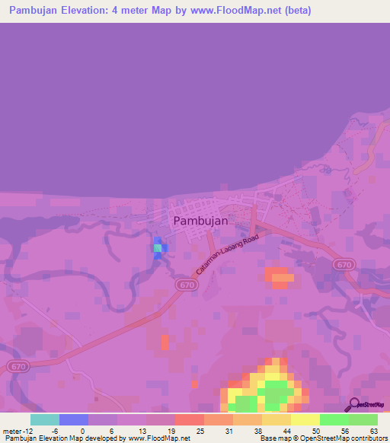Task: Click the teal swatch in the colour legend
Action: coord(45,419)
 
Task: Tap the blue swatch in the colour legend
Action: coord(74,419)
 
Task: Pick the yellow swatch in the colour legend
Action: coord(305,419)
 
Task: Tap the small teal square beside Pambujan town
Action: coord(158,248)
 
